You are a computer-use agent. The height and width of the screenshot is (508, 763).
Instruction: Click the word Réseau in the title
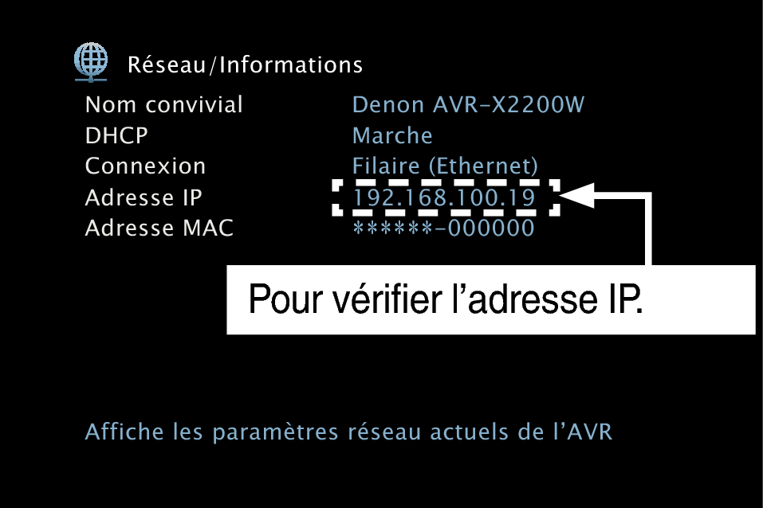pos(167,64)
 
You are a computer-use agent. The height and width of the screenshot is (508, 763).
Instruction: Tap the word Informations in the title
pos(291,64)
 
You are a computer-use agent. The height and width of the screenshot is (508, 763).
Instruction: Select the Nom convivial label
pos(164,104)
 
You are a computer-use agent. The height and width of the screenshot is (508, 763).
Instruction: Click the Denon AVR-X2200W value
pos(468,104)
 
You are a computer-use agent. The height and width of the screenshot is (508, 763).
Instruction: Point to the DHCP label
pos(116,135)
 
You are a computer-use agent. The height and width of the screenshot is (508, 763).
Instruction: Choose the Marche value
pos(392,135)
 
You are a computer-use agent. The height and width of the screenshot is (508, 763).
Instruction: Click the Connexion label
pos(145,166)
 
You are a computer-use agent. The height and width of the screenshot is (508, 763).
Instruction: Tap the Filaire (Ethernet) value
pos(445,166)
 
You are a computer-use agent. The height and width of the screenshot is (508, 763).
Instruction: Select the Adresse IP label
pos(144,197)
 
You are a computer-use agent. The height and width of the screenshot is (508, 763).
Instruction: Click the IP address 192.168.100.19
pos(444,197)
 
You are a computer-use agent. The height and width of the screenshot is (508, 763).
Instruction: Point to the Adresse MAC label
pos(159,228)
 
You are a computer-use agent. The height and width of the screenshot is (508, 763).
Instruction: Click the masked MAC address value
pos(443,228)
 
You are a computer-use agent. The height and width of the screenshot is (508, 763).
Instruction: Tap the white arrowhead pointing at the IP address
pos(577,195)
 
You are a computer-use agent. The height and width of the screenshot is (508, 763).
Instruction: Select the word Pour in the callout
pos(285,299)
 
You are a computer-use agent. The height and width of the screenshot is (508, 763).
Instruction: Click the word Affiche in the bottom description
pos(124,432)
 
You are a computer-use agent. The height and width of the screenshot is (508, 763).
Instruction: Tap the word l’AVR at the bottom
pos(583,432)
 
